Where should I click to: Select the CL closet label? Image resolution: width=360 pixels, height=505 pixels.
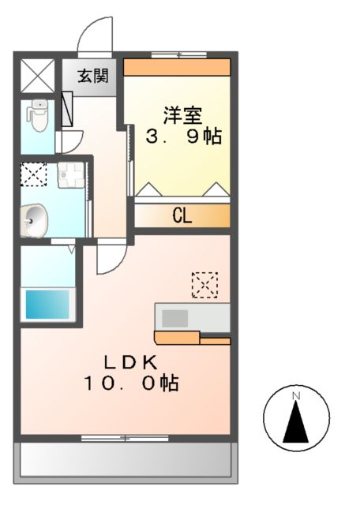182,216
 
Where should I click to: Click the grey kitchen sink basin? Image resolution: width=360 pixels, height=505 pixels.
175,319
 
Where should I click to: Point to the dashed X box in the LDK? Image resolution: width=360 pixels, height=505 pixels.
204,284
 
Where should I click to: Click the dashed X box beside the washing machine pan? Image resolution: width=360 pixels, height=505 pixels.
34,174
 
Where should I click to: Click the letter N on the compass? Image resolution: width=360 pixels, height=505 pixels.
296,395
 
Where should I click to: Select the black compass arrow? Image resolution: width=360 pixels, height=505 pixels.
296,423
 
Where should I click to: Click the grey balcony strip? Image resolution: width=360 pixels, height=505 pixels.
126,459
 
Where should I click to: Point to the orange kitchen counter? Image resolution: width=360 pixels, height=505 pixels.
192,339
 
